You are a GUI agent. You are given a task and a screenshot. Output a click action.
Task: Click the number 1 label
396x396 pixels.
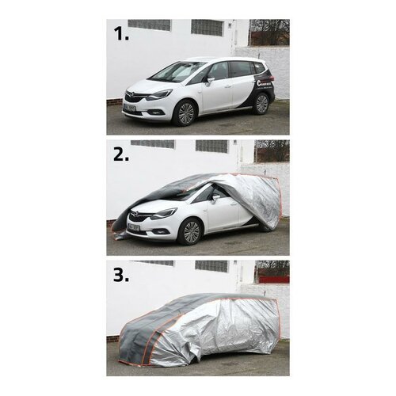120,35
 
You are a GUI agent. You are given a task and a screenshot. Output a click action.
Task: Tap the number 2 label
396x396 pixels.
120,155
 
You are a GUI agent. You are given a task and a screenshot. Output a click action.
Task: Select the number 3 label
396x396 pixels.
120,276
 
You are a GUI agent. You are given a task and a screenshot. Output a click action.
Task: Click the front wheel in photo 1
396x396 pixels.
185,112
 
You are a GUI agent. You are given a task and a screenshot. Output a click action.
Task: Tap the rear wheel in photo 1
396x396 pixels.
260,104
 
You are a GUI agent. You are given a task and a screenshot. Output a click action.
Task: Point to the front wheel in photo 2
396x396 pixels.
191,231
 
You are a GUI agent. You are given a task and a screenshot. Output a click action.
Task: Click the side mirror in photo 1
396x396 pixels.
210,80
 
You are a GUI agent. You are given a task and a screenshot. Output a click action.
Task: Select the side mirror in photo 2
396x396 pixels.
214,198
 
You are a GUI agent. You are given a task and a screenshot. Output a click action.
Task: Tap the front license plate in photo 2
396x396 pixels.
133,227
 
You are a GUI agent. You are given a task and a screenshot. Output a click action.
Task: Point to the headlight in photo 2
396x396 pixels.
164,213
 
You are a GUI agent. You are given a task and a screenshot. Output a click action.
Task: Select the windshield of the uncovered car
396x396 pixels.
177,72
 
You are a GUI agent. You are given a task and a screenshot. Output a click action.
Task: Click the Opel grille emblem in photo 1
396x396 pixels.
130,95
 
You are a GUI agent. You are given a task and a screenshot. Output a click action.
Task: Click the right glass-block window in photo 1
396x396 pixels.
208,28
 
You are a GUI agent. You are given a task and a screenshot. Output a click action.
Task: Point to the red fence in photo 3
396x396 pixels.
272,279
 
